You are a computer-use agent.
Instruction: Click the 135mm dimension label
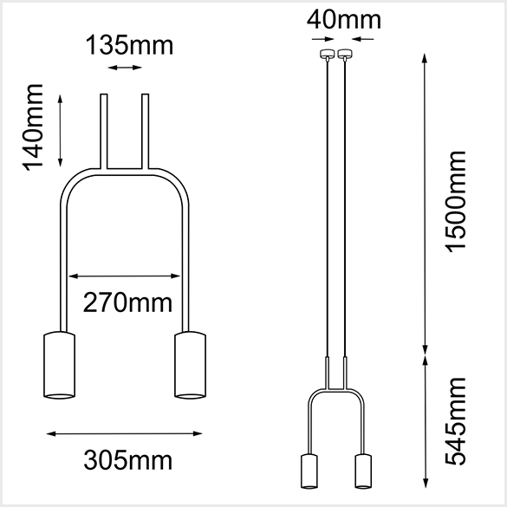click(129, 45)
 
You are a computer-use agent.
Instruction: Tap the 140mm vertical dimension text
click(32, 127)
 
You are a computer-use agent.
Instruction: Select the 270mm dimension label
click(127, 302)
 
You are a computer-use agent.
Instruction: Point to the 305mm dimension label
click(128, 460)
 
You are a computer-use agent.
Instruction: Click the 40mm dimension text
click(344, 20)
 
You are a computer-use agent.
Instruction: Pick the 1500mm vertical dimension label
click(455, 202)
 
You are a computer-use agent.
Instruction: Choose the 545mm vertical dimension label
click(455, 422)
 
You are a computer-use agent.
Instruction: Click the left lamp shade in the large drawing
click(60, 365)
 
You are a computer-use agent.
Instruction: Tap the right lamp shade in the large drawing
click(190, 365)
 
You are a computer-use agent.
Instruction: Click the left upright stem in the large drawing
click(104, 131)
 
